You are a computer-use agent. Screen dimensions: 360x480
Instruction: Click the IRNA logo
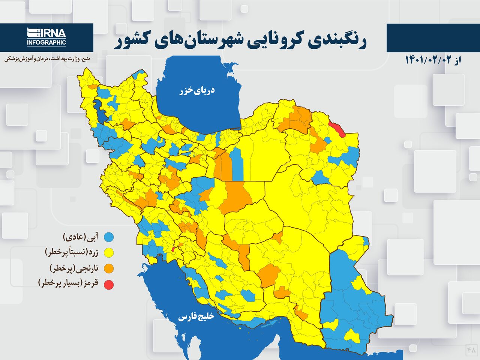tap(46, 33)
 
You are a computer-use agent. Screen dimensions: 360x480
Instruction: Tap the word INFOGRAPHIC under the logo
tap(46, 42)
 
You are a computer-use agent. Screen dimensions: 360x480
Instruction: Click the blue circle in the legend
tap(109, 237)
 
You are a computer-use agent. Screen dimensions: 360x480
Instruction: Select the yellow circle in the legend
tap(109, 253)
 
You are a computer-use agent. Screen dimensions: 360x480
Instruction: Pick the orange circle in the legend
tap(109, 268)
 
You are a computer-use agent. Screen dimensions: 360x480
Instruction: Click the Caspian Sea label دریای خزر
tap(197, 90)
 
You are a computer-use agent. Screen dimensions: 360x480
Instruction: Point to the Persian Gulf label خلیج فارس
tap(196, 317)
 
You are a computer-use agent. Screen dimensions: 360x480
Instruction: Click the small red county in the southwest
tap(173, 249)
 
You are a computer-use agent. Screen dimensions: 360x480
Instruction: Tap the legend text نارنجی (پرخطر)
tap(73, 268)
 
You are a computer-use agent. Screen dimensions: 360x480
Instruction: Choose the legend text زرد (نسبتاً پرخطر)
tap(71, 252)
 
